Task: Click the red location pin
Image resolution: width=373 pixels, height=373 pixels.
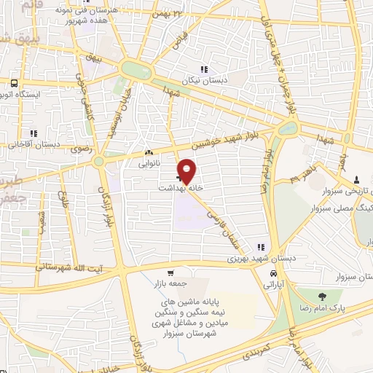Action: (x=187, y=170)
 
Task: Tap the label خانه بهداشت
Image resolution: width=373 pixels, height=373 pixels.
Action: (x=178, y=187)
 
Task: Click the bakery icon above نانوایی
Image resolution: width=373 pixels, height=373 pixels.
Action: (x=149, y=153)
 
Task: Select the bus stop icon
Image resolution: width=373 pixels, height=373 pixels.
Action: (x=14, y=83)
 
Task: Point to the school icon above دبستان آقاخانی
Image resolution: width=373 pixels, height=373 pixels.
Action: (x=34, y=133)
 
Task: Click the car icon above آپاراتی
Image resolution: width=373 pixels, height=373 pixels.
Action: (x=272, y=273)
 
